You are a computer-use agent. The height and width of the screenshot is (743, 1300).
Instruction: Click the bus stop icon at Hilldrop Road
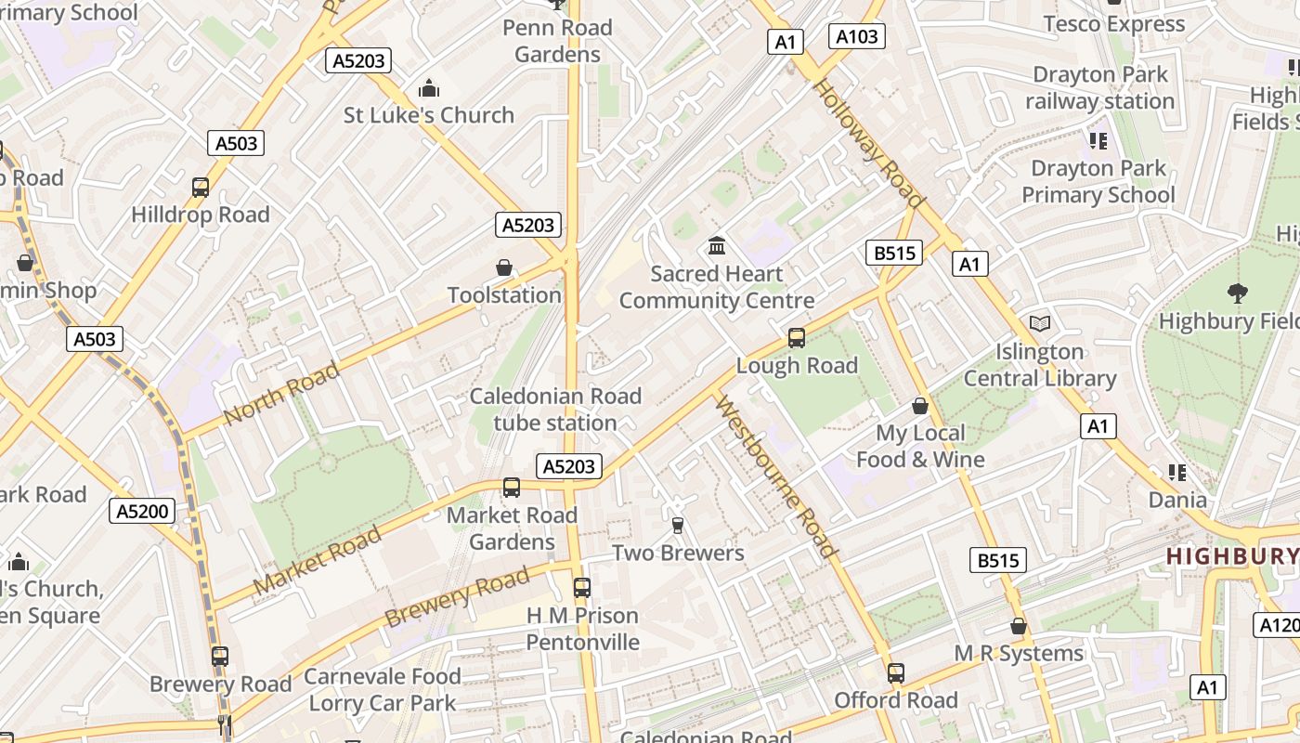201,188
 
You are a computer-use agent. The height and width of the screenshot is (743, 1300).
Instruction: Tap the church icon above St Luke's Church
428,88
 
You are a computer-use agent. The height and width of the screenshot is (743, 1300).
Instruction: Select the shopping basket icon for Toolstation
504,268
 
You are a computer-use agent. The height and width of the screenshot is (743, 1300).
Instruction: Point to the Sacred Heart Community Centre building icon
717,246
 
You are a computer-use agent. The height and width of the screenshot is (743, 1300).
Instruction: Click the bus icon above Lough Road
796,338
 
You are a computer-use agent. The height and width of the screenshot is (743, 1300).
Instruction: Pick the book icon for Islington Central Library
1040,324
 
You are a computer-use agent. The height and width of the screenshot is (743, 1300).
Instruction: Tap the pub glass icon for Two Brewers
678,526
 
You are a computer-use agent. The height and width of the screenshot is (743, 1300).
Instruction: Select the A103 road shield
855,36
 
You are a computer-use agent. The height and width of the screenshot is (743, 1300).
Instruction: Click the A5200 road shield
142,510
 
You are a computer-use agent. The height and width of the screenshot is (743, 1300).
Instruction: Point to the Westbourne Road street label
776,478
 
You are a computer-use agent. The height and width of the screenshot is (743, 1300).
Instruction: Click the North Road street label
281,394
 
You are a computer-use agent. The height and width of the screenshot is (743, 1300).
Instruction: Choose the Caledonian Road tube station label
555,410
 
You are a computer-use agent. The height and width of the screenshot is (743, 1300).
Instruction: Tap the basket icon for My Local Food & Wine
920,406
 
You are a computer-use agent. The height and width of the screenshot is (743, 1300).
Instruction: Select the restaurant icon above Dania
1177,473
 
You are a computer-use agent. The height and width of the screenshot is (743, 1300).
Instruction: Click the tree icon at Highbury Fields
1237,293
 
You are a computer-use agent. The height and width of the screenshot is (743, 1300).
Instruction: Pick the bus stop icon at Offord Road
896,673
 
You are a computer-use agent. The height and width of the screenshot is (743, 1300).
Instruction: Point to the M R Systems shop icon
1019,626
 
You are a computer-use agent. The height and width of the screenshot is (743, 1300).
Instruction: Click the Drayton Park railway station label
1100,87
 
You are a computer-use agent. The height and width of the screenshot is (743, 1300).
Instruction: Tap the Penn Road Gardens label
557,41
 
